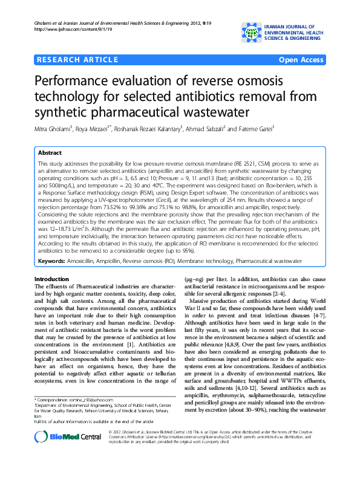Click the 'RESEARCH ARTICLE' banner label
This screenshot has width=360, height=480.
coord(77,59)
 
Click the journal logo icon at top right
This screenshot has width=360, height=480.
coord(253,31)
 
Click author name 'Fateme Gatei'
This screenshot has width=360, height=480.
coord(256,128)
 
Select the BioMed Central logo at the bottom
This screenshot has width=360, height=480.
coord(68,452)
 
